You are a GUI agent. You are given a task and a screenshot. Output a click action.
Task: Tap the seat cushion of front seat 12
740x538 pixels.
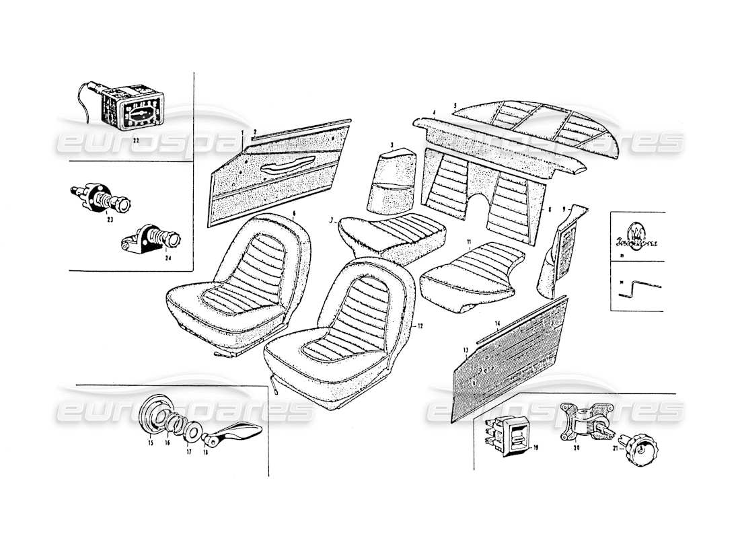coord(330,350)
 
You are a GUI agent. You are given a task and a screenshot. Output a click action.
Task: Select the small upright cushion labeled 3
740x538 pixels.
coord(391,178)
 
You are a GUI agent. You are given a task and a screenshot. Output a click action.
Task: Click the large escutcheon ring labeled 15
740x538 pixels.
coord(154,418)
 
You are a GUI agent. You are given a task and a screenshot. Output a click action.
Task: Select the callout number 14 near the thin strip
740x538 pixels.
coord(497,324)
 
